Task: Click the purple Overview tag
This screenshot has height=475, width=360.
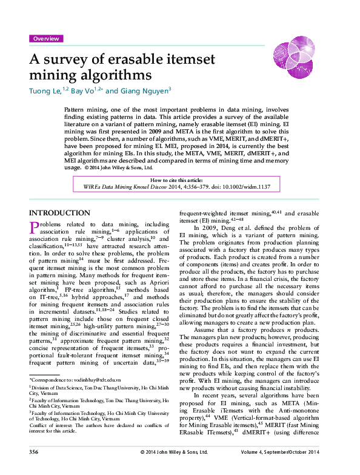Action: click(x=46, y=39)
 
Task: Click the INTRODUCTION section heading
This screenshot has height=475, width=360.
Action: click(x=59, y=213)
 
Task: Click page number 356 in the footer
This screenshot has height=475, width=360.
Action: click(x=35, y=469)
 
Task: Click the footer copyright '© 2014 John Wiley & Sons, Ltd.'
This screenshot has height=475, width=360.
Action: click(x=174, y=469)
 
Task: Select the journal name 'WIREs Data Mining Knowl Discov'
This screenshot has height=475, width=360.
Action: click(x=119, y=187)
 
